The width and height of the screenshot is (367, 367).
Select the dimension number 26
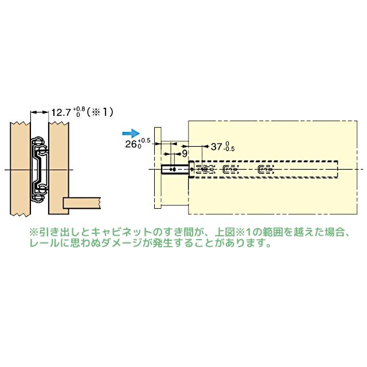click(x=130, y=145)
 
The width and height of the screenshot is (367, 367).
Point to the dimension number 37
click(x=217, y=147)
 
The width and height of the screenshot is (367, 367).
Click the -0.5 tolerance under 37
click(x=229, y=150)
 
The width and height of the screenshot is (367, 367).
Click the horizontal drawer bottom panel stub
click(x=80, y=202)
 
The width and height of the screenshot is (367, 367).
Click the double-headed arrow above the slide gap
click(x=40, y=112)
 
